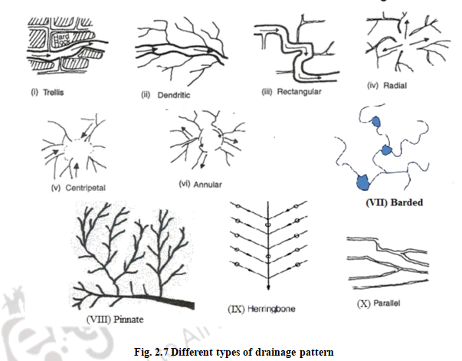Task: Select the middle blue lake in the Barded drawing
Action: coord(386,149)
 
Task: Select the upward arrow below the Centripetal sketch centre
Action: coord(76,164)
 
